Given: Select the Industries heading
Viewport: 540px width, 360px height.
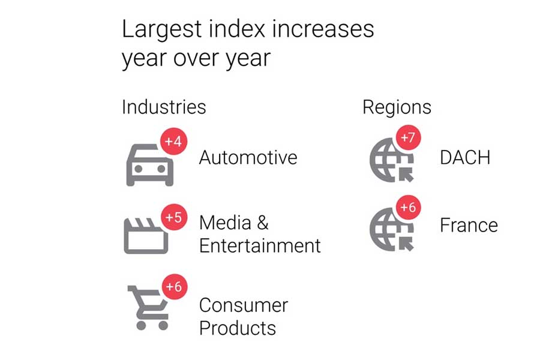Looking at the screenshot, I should pos(164,107).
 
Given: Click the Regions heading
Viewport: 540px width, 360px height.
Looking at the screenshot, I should pos(397,107).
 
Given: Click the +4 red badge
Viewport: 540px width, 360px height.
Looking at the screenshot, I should pos(174,142).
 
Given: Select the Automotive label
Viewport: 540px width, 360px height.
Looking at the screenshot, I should pos(248,157).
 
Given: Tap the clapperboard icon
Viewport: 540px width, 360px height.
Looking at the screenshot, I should pos(146,235).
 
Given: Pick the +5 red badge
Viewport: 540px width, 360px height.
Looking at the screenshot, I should pos(174,217).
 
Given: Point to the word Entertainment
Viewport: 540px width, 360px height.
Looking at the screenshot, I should pos(260,245).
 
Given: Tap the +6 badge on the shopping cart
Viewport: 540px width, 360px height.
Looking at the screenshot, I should pos(174,287).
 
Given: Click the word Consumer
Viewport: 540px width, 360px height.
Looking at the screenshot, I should pos(244,305).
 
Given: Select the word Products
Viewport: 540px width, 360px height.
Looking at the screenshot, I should pos(238,328).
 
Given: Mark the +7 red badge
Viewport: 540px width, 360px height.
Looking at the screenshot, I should pos(408,138).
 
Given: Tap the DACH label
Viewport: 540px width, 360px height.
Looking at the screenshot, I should pos(465,157).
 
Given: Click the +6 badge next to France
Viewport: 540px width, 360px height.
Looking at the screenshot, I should pos(408,208).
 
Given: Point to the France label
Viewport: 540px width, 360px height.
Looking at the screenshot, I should pos(469,225).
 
